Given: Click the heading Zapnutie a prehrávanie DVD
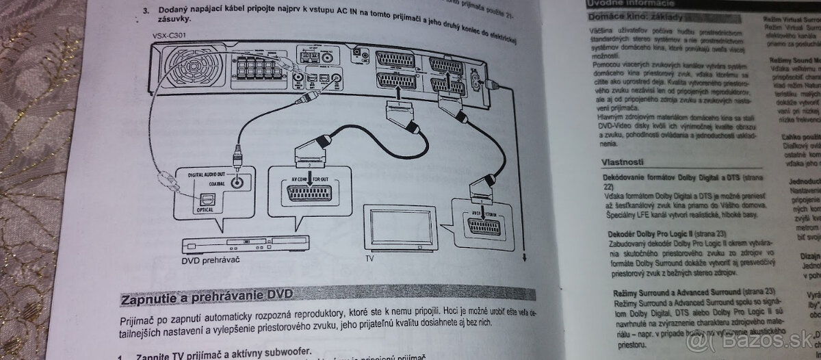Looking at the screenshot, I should pos(207,298).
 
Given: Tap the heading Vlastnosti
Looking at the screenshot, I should pos(622,162).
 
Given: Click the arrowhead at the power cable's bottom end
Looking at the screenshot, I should pos(523,257).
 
